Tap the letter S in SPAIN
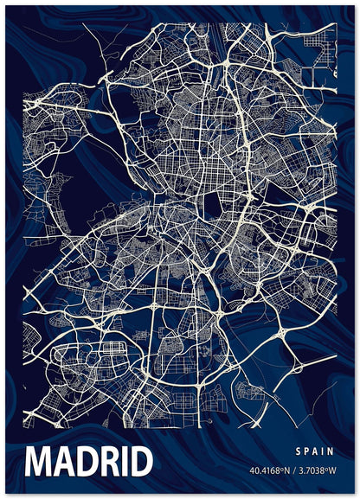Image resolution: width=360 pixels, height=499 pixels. click(298, 451)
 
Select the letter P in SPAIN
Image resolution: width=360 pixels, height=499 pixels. click(308, 451)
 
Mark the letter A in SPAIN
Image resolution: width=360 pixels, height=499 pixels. click(318, 451)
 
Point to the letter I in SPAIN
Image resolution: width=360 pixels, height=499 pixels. click(327, 451)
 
